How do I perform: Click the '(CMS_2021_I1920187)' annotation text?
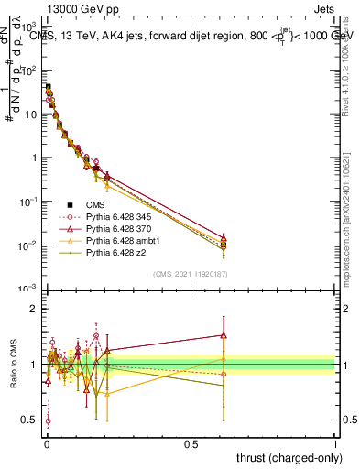click(190, 274)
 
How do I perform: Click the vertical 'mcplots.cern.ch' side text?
click(352, 229)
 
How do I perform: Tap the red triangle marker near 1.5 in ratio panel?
click(223, 335)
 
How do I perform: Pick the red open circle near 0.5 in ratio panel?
click(48, 420)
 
